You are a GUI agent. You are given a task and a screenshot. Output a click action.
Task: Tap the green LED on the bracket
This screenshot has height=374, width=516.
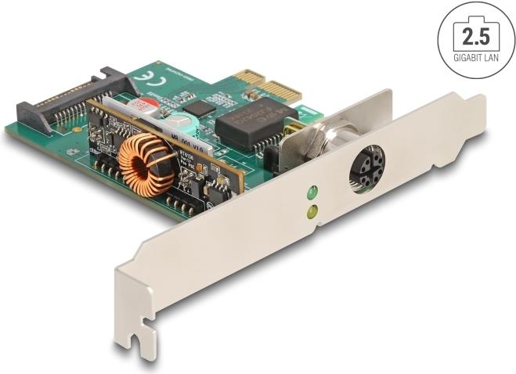(x=312, y=192)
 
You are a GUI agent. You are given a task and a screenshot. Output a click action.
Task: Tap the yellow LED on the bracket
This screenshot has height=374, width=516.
(x=312, y=210)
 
